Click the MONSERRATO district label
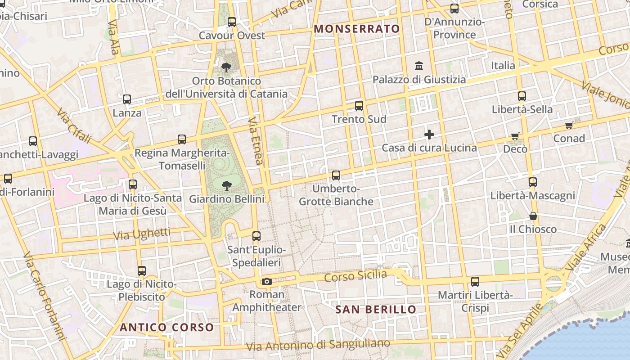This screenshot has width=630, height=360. (x=356, y=29)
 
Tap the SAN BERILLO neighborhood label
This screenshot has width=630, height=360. (x=376, y=310)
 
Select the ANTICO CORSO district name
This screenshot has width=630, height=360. (x=166, y=327)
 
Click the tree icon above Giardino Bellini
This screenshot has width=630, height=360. (x=226, y=185)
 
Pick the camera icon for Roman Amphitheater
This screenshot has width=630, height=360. (x=266, y=282)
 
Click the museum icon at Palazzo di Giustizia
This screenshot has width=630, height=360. (x=419, y=66)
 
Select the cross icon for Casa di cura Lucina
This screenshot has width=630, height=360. (x=429, y=135)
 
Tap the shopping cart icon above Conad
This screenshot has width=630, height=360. (x=569, y=126)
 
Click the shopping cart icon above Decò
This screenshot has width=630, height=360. (x=515, y=136)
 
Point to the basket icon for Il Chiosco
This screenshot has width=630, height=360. (x=533, y=216)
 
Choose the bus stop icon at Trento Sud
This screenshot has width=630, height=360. (x=359, y=106)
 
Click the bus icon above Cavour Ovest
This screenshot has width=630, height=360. (x=232, y=22)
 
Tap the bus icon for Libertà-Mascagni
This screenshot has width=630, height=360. (x=533, y=182)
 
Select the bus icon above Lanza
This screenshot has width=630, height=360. (x=127, y=99)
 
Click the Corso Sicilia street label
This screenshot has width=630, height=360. (x=355, y=276)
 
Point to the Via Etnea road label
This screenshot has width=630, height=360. (x=255, y=141)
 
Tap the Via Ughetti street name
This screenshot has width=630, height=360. (x=142, y=234)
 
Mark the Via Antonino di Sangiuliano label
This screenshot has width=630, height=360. (x=318, y=345)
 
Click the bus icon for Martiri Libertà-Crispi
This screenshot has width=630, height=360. (x=475, y=282)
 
